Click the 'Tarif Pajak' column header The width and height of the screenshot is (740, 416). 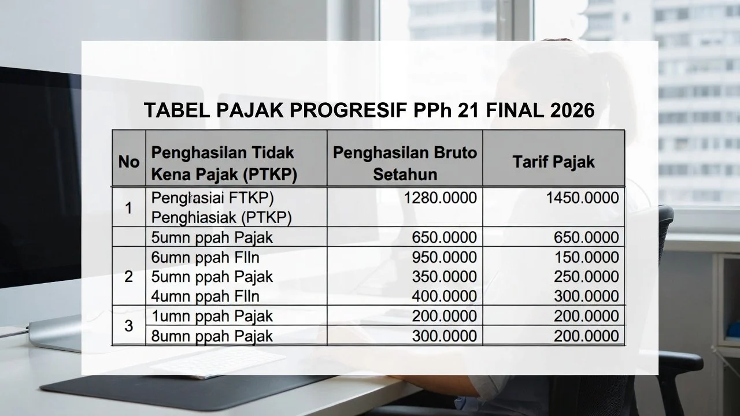tap(553, 162)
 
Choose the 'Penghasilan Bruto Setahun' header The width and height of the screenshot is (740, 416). tap(405, 163)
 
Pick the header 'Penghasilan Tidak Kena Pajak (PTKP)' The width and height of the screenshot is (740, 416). tap(224, 163)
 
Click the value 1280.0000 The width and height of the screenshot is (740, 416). tap(441, 198)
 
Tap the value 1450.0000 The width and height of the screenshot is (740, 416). tap(582, 198)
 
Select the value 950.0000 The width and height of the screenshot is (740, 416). tap(445, 257)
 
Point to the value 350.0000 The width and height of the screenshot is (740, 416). tap(445, 277)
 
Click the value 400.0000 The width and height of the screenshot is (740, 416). tap(445, 296)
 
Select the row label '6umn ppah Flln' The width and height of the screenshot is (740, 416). tap(205, 257)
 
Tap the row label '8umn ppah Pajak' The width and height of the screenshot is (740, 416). tap(212, 336)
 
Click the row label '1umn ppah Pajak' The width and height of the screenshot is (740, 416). tap(212, 317)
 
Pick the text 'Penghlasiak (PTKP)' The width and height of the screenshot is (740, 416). tap(221, 217)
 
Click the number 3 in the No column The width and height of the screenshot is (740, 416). tap(128, 326)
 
